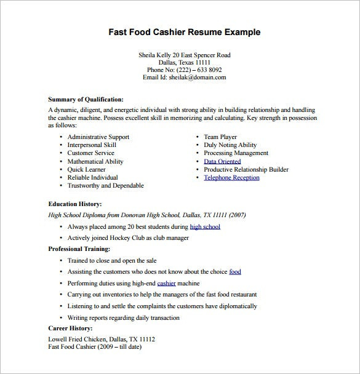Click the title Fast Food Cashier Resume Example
tap(184, 32)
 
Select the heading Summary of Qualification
tap(86, 98)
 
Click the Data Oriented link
tap(222, 161)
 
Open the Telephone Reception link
tap(231, 178)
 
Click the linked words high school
tap(205, 226)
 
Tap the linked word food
tap(234, 271)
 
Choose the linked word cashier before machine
tap(166, 283)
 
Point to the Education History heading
tap(75, 204)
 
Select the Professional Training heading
tap(79, 249)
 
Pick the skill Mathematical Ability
tap(95, 161)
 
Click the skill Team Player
tap(221, 137)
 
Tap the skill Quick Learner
tap(86, 169)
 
